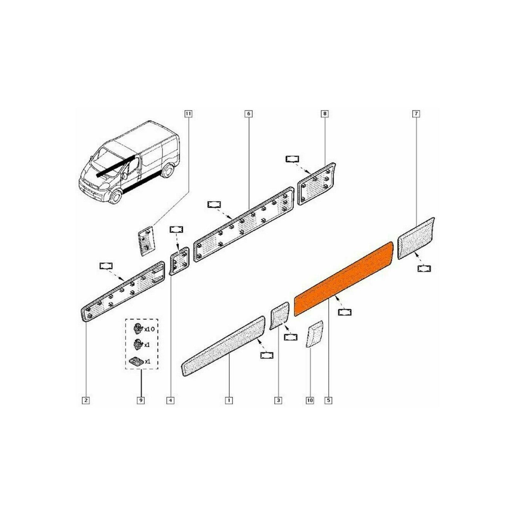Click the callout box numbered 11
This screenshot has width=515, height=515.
click(x=188, y=114)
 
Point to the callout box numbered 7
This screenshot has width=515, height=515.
click(x=416, y=114)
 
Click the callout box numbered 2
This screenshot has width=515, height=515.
click(x=86, y=400)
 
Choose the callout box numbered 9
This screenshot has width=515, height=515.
click(x=141, y=400)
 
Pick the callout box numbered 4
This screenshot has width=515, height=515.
click(x=170, y=400)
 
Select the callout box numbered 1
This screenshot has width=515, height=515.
click(x=229, y=400)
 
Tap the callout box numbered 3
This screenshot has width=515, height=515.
click(x=278, y=400)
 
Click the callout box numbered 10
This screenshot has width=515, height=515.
click(x=310, y=400)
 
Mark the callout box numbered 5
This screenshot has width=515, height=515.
click(x=328, y=400)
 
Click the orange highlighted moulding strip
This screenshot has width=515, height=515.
click(x=343, y=279)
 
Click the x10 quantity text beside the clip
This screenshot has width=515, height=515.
click(x=150, y=329)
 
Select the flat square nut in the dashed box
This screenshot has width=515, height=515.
click(x=135, y=361)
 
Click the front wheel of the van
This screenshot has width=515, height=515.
click(x=115, y=197)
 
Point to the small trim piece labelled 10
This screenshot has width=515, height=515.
click(x=314, y=334)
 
